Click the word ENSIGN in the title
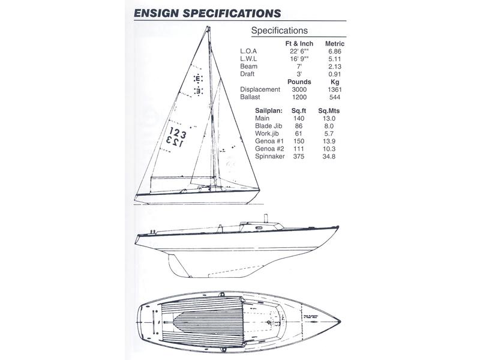click(156, 13)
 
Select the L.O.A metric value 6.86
click(335, 52)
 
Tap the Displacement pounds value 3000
click(299, 89)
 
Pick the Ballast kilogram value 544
click(335, 97)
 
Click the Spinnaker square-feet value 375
click(298, 157)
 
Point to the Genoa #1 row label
click(269, 141)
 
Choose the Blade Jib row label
click(268, 126)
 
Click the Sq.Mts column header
click(329, 111)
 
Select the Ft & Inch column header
click(299, 44)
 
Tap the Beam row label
click(248, 67)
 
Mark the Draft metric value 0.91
click(335, 74)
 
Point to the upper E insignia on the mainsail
click(198, 79)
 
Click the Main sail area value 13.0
click(329, 118)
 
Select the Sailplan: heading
click(268, 111)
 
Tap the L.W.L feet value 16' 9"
click(299, 59)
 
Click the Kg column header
click(335, 82)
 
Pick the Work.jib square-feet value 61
click(298, 133)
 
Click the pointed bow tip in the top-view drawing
click(340, 322)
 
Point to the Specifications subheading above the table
click(279, 31)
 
